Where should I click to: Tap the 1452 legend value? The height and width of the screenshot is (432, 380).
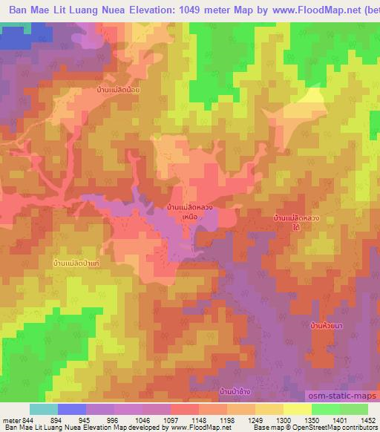367,420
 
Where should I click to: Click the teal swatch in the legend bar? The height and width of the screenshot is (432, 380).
44,410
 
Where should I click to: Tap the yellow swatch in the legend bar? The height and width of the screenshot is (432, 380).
297,410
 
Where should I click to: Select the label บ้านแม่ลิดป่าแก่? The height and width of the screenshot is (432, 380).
77,264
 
